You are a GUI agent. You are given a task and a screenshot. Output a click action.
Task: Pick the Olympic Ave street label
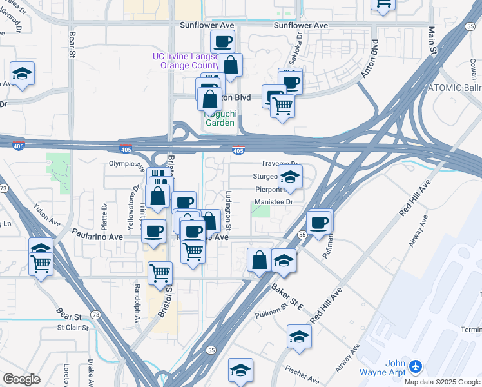(127, 164)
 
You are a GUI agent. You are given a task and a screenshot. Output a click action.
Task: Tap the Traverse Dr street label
(280, 164)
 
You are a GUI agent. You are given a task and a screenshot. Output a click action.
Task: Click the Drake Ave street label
(91, 371)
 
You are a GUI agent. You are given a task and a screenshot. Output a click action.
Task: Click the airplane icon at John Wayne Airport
(414, 366)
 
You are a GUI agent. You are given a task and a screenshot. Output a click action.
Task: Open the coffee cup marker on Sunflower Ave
(223, 43)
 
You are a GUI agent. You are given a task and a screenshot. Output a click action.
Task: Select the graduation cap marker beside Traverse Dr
(291, 177)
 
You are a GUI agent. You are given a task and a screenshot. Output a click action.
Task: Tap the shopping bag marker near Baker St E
(259, 261)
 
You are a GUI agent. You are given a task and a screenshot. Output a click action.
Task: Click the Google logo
(22, 379)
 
